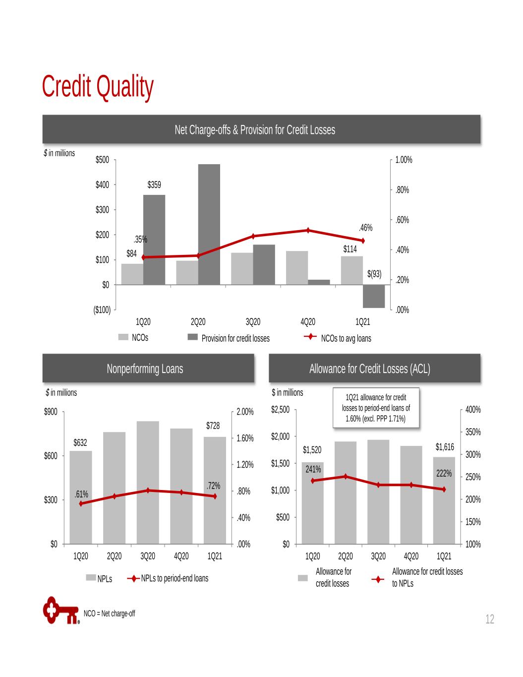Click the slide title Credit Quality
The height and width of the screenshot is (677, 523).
(98, 87)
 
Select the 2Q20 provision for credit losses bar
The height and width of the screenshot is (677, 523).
(209, 224)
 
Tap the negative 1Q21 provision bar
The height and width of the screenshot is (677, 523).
(374, 296)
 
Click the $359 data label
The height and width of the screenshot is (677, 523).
(154, 185)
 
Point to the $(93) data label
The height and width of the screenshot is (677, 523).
(374, 274)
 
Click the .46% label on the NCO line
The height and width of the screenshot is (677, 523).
(365, 228)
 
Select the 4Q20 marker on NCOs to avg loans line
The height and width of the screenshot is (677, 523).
(308, 230)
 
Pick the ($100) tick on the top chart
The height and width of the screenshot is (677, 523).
(102, 310)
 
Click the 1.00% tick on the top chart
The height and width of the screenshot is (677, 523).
(404, 160)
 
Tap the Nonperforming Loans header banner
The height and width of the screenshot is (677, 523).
(148, 368)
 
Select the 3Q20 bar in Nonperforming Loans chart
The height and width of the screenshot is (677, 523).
(148, 483)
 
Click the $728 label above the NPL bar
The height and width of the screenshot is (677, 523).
(213, 426)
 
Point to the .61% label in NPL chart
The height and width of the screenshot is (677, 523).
(81, 494)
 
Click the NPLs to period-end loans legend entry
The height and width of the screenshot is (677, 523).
(168, 579)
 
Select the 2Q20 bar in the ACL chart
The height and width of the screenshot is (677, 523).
(346, 492)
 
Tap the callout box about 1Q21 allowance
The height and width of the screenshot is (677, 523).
(376, 408)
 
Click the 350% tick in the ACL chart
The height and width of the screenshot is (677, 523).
(473, 432)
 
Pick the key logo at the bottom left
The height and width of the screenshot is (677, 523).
(61, 611)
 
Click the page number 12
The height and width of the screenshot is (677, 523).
(490, 619)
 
